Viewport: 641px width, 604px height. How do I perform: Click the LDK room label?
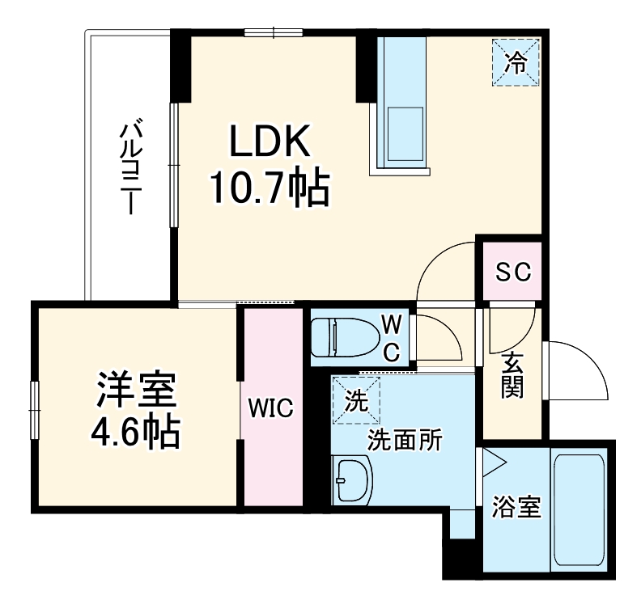(270, 144)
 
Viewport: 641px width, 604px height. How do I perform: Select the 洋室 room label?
(136, 392)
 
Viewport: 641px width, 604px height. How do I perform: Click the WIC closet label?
(270, 408)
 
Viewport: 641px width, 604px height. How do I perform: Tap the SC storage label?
(513, 272)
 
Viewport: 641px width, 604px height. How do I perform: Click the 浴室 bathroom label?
(516, 510)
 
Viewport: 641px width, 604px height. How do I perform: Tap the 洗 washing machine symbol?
(354, 399)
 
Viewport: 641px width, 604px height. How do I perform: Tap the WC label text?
(392, 337)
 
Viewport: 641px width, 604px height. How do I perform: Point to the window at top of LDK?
(274, 32)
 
